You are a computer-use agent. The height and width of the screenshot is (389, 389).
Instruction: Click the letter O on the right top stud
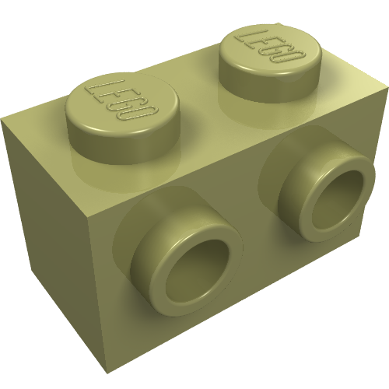293,59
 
